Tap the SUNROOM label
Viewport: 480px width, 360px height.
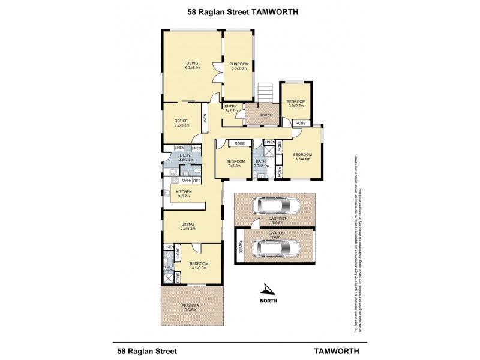point(238,65)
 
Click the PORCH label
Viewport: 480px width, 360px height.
point(266,115)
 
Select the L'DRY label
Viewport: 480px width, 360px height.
point(185,157)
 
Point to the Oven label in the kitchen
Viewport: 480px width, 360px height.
point(186,181)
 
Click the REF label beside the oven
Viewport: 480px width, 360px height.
point(197,181)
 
